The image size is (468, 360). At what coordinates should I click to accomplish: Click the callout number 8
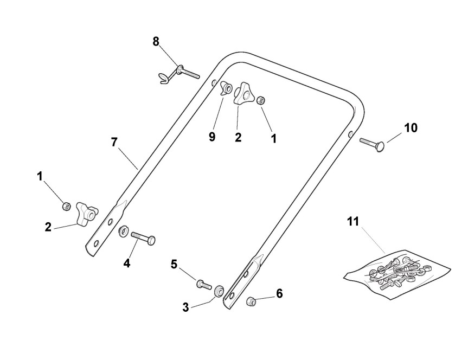[x=156, y=41]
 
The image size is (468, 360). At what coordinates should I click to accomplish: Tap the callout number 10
[x=411, y=127]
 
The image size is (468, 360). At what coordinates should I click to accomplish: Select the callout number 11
[x=353, y=222]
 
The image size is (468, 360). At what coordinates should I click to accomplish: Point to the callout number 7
[x=114, y=142]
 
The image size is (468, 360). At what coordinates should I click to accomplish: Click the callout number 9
[x=212, y=137]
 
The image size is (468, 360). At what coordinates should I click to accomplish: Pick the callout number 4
[x=127, y=263]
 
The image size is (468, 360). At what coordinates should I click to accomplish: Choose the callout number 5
[x=174, y=264]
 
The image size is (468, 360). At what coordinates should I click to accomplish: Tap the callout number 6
[x=279, y=293]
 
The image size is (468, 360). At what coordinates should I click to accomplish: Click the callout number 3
[x=186, y=307]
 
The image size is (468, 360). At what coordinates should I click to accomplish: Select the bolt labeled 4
[x=142, y=237]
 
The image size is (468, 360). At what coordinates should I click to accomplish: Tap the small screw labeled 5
[x=203, y=284]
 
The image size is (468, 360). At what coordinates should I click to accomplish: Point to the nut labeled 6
[x=251, y=301]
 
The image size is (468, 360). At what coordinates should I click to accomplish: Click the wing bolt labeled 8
[x=179, y=72]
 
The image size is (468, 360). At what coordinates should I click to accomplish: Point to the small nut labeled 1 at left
[x=66, y=205]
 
